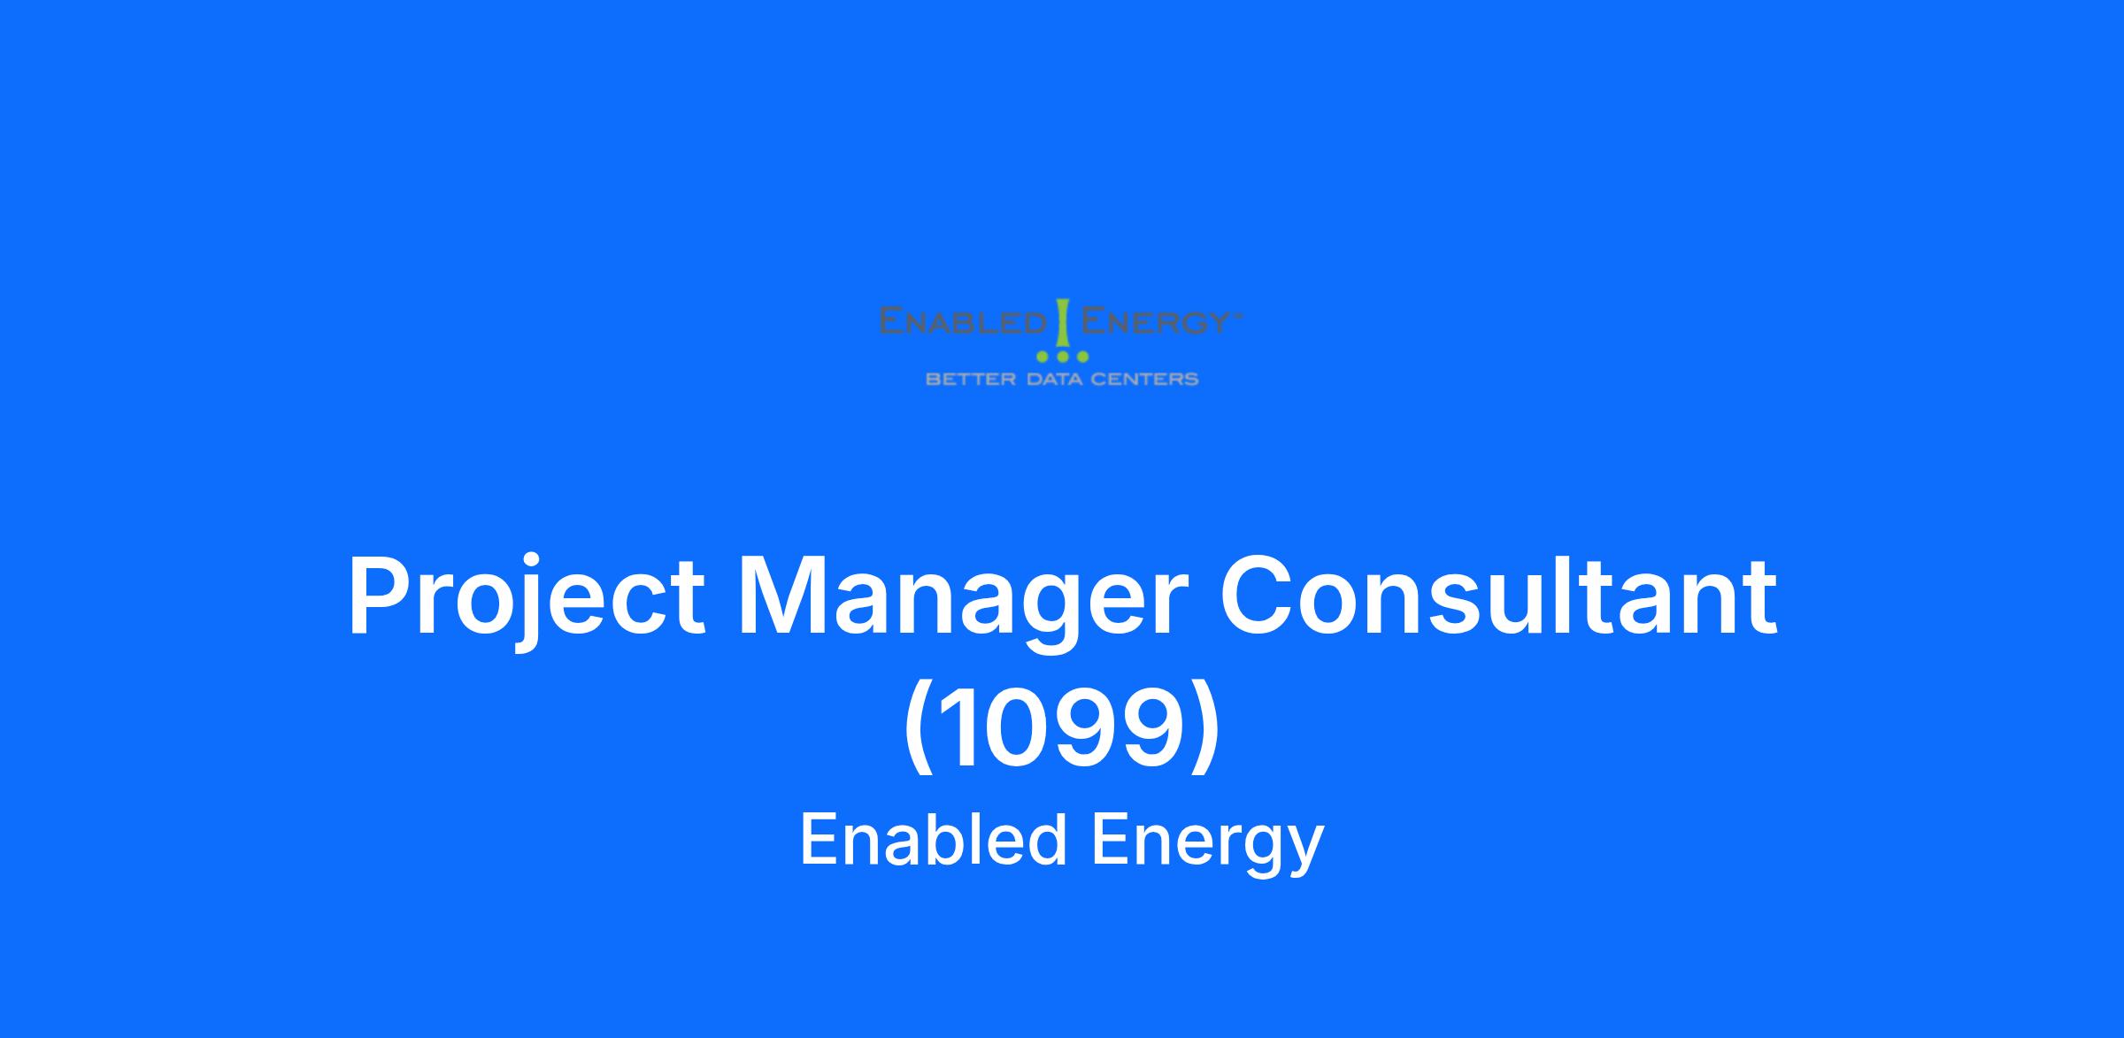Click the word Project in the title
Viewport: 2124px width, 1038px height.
[x=527, y=597]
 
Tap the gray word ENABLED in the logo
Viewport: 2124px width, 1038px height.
[x=963, y=320]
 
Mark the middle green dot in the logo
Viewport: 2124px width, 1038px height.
[x=1062, y=357]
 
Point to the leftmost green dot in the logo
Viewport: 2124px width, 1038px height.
[x=1043, y=357]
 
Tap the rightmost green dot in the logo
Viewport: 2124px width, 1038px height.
[x=1081, y=357]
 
